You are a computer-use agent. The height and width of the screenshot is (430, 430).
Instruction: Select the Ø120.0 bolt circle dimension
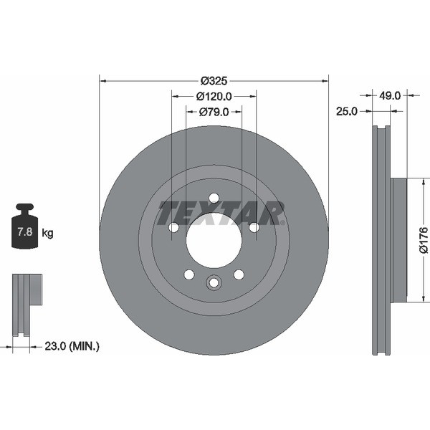pyautogui.click(x=214, y=95)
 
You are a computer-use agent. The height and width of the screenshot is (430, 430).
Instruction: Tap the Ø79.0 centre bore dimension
pyautogui.click(x=214, y=111)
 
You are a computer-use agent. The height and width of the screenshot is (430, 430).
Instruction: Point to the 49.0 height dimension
pyautogui.click(x=389, y=95)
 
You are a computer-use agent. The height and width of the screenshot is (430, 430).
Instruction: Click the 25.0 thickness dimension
pyautogui.click(x=347, y=111)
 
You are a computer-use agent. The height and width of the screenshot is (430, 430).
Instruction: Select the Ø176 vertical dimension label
pyautogui.click(x=423, y=240)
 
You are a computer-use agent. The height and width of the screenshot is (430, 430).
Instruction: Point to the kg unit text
pyautogui.click(x=48, y=233)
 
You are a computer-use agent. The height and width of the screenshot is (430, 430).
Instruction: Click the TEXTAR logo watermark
pyautogui.click(x=221, y=213)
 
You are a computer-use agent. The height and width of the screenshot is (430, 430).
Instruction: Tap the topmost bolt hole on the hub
pyautogui.click(x=214, y=198)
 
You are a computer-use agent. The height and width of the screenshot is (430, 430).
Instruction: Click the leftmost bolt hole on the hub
pyautogui.click(x=173, y=227)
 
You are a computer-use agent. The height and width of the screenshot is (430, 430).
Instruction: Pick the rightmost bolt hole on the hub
pyautogui.click(x=254, y=227)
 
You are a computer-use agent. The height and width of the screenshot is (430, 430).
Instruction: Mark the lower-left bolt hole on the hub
pyautogui.click(x=188, y=274)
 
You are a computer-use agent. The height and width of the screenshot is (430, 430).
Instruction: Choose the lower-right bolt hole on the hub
pyautogui.click(x=239, y=274)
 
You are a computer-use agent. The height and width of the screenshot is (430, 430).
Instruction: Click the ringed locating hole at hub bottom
pyautogui.click(x=214, y=283)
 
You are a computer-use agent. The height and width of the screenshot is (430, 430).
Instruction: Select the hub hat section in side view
pyautogui.click(x=398, y=240)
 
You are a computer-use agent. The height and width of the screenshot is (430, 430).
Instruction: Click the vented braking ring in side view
pyautogui.click(x=381, y=240)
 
